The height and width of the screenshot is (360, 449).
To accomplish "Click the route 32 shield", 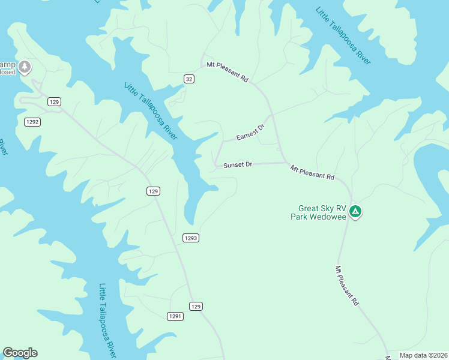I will (x=189, y=79).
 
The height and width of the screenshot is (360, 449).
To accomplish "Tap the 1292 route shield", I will (x=32, y=122).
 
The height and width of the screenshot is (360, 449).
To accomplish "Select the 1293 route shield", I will (x=190, y=238).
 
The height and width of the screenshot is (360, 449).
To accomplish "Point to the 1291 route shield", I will (x=175, y=316).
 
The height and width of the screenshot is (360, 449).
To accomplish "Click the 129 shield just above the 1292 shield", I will (x=54, y=102).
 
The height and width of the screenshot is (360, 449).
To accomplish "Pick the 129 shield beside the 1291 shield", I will (x=196, y=306).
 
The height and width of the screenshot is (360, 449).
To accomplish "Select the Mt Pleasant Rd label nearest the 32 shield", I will (x=228, y=71).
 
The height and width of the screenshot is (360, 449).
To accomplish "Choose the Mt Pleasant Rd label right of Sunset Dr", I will (x=312, y=173).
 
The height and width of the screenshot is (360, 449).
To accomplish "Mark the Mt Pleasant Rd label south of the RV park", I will (x=347, y=286).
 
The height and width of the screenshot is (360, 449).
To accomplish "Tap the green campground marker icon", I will (x=355, y=211).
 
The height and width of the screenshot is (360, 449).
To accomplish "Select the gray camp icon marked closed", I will (x=25, y=66).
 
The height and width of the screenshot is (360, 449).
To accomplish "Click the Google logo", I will (x=20, y=353).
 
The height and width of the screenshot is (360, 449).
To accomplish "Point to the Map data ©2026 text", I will (x=423, y=355).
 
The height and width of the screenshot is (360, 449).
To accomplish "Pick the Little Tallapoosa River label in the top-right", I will (x=343, y=35).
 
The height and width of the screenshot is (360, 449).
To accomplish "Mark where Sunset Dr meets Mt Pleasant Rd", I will (x=284, y=162).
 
